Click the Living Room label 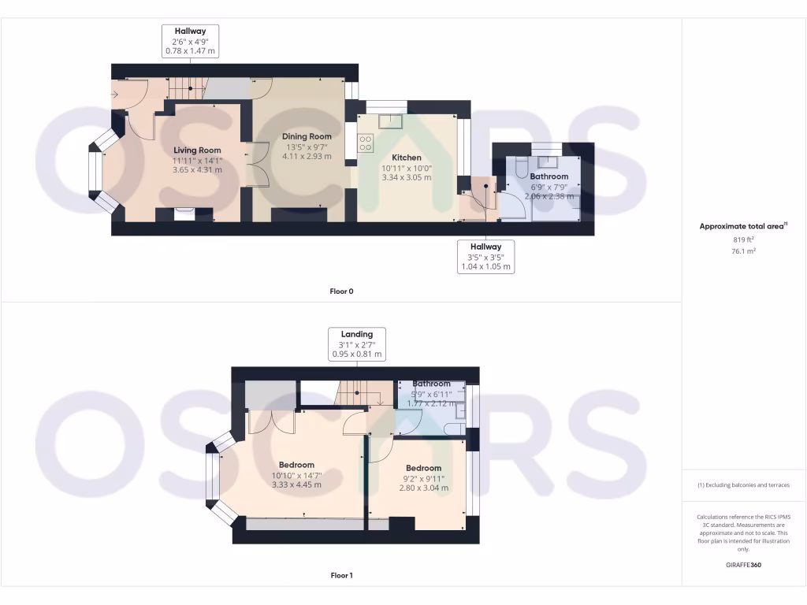[197, 150]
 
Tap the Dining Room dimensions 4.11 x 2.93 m [307, 156]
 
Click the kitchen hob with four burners [366, 143]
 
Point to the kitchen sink [390, 121]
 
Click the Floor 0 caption [341, 291]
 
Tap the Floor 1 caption [341, 575]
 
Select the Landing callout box [356, 344]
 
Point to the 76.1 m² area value [743, 251]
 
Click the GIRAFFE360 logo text [744, 565]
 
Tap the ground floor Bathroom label [549, 176]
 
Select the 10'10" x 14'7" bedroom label [296, 465]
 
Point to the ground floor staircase [187, 88]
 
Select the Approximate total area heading [743, 226]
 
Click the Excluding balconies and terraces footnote [743, 485]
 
